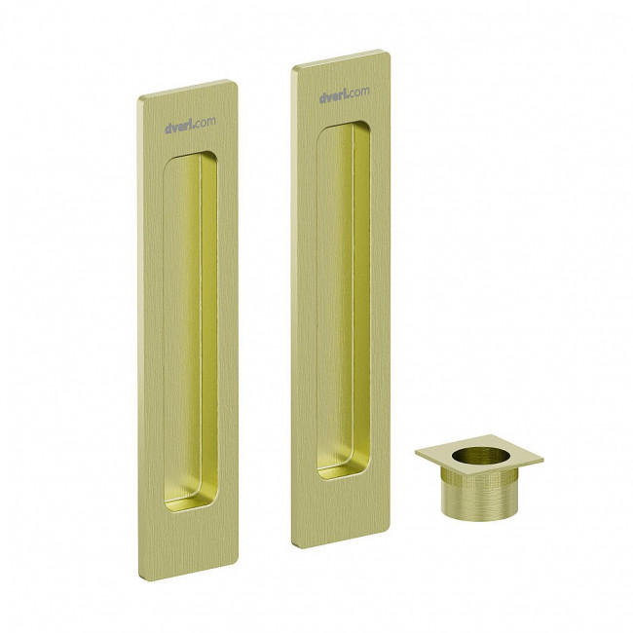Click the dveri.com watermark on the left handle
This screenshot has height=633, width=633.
[x=190, y=125]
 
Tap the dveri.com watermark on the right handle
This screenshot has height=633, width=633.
[x=345, y=94]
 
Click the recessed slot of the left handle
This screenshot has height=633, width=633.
[x=190, y=331]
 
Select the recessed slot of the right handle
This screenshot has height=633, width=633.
[x=344, y=300]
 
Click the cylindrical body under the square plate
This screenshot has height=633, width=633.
[x=479, y=493]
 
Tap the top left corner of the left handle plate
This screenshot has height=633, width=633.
[x=138, y=98]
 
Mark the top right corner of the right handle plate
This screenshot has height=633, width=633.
[x=390, y=52]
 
